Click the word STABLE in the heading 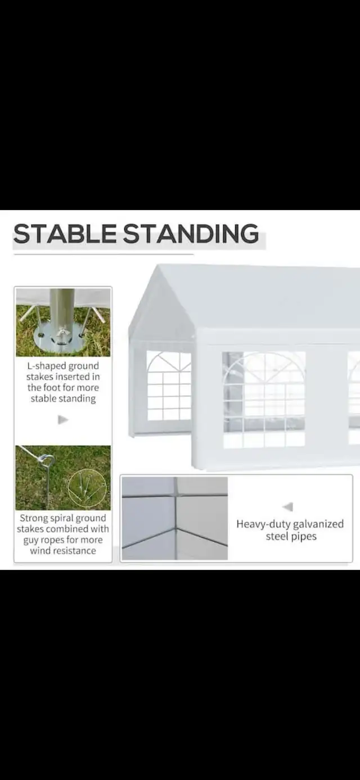(x=65, y=233)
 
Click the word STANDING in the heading (x=191, y=233)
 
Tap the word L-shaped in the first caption (x=46, y=366)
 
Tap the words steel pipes (x=291, y=536)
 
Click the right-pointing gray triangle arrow (x=63, y=420)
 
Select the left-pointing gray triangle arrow (x=288, y=507)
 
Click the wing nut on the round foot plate (x=62, y=334)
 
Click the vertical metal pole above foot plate (x=63, y=308)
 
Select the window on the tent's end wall (x=169, y=386)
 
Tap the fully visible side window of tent (x=264, y=400)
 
